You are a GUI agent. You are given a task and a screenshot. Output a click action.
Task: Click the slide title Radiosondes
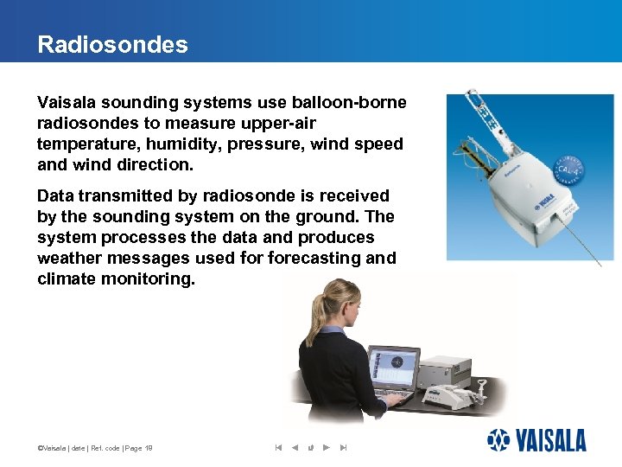pos(112,45)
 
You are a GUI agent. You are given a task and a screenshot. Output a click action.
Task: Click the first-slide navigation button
pos(278,447)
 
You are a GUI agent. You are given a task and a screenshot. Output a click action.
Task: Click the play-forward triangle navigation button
pos(327,447)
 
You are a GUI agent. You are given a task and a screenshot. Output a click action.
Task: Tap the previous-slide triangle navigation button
pos(295,447)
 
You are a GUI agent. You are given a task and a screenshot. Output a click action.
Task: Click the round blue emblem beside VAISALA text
pos(499,440)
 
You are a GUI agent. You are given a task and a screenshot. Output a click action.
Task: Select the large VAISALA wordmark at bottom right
pos(551,440)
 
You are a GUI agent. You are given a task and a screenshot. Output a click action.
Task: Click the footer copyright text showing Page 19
pos(95,447)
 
